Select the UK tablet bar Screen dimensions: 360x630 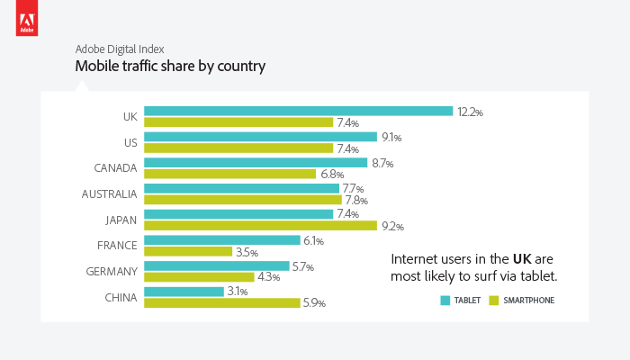[x=298, y=112]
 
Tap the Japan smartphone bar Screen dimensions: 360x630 [x=260, y=226]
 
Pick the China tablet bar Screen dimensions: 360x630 [x=184, y=292]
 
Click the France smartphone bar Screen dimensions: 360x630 [x=188, y=252]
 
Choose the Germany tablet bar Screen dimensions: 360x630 [x=217, y=266]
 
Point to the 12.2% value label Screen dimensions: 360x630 [x=470, y=112]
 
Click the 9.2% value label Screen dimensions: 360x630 [x=392, y=227]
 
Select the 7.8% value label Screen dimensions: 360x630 [x=356, y=201]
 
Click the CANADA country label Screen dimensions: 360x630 [x=115, y=168]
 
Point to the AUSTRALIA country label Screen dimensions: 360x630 [x=109, y=194]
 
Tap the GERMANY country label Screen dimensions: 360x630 [x=112, y=272]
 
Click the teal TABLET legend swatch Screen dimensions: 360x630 [x=445, y=301]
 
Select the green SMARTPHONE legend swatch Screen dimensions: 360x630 [x=493, y=301]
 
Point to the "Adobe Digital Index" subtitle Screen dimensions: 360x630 [x=119, y=49]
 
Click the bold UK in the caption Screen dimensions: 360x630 [x=523, y=258]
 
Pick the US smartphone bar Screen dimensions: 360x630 [x=238, y=148]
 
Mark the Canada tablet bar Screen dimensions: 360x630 [x=256, y=163]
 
